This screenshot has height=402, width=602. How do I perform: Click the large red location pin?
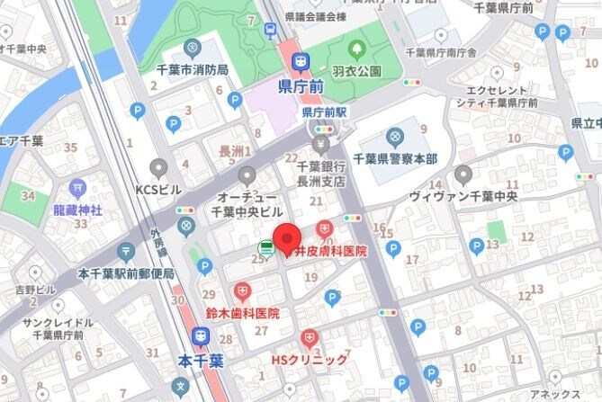tap(287, 238)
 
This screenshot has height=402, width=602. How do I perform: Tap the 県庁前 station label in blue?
tap(301, 88)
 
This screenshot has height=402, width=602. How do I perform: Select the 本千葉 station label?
tap(201, 361)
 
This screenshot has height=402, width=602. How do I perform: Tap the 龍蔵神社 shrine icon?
tap(76, 189)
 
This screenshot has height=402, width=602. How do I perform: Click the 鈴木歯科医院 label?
tap(242, 314)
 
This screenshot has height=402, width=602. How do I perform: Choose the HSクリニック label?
tap(310, 360)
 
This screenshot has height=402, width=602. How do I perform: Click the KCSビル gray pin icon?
tap(159, 168)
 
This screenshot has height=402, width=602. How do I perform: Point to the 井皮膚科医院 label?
tap(331, 252)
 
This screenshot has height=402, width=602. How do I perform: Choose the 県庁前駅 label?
tap(324, 113)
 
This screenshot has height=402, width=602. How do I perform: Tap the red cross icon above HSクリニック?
tap(310, 339)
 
